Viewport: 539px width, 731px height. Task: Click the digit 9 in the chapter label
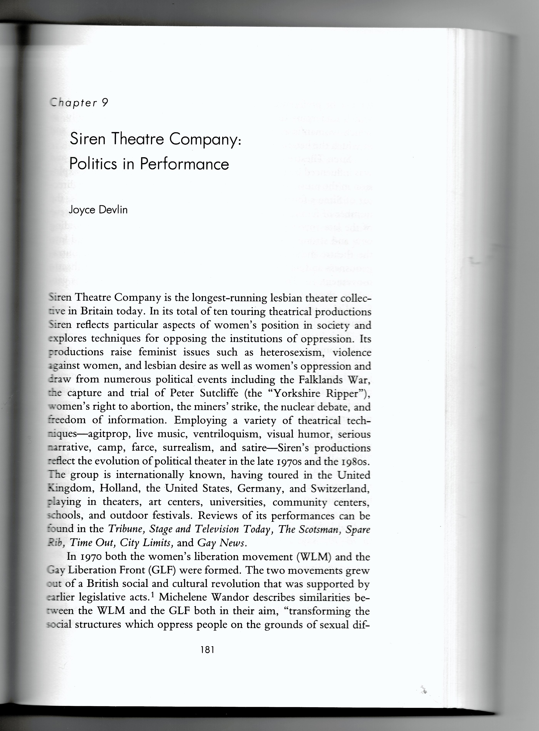[104, 103]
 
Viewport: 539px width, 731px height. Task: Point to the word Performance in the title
[184, 164]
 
